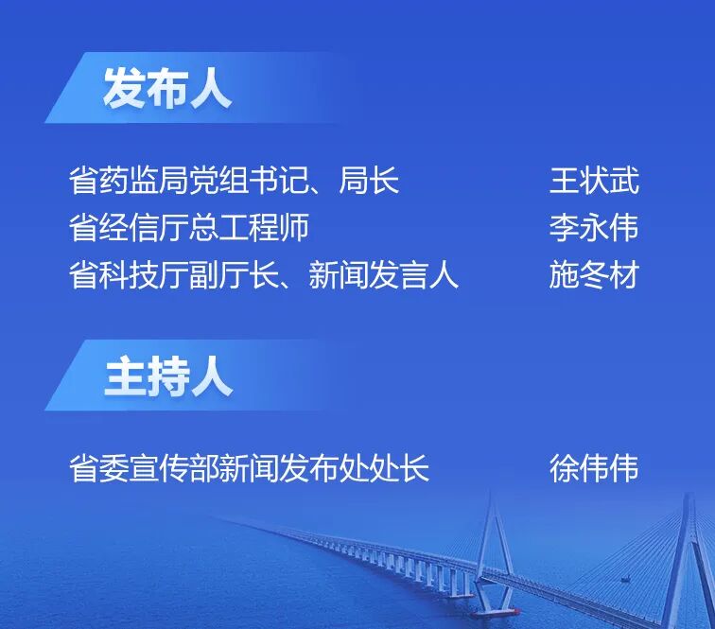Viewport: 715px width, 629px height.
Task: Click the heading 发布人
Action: click(x=166, y=91)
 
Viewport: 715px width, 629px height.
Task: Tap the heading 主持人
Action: click(x=166, y=377)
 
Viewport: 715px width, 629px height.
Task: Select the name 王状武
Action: click(x=594, y=180)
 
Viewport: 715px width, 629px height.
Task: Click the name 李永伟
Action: click(x=594, y=228)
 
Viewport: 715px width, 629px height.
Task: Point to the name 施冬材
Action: click(x=594, y=275)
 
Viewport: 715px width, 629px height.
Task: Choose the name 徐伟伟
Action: click(x=594, y=468)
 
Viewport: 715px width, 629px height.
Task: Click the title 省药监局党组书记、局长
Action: click(x=235, y=180)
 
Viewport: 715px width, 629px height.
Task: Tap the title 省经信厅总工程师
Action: click(x=189, y=228)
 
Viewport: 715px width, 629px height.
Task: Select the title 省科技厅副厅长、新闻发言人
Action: click(x=264, y=275)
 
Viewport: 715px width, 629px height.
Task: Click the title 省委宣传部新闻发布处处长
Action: click(x=250, y=468)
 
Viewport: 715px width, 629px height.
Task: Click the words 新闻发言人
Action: click(x=384, y=275)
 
